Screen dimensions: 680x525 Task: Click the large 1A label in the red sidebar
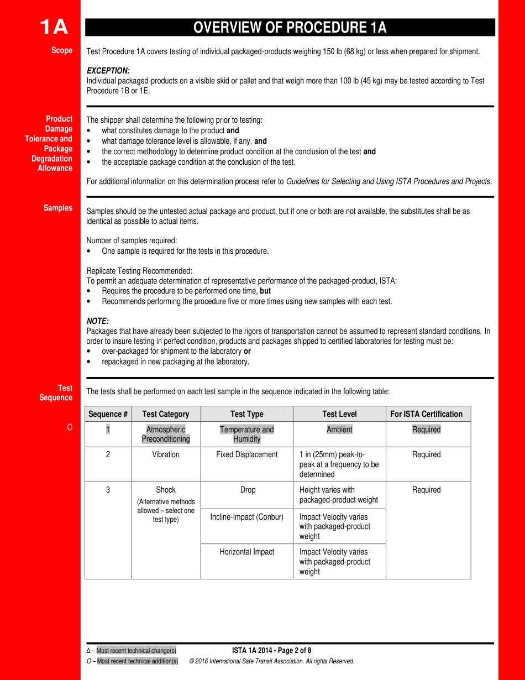54,27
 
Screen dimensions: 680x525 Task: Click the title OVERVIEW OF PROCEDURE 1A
290,28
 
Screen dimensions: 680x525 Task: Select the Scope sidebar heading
62,50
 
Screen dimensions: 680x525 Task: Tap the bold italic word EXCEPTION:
108,71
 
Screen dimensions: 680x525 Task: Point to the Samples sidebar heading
58,208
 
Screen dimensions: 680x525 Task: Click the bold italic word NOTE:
98,321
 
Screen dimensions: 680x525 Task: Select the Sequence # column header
108,414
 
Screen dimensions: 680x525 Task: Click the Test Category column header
166,414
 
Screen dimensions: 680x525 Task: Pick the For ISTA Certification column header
426,414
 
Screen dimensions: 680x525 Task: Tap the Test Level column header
339,414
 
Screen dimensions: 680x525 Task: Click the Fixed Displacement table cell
247,454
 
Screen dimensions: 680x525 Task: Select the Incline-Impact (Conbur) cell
247,517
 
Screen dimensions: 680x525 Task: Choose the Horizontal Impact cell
247,552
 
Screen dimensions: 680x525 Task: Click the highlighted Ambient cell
339,430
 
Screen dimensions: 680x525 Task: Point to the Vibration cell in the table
166,454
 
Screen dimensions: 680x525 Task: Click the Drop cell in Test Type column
248,490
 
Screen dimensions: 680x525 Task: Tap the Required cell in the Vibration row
426,454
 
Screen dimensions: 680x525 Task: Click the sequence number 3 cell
108,490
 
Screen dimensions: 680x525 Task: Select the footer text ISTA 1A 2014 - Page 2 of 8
271,651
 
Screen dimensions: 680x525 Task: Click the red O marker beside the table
70,427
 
